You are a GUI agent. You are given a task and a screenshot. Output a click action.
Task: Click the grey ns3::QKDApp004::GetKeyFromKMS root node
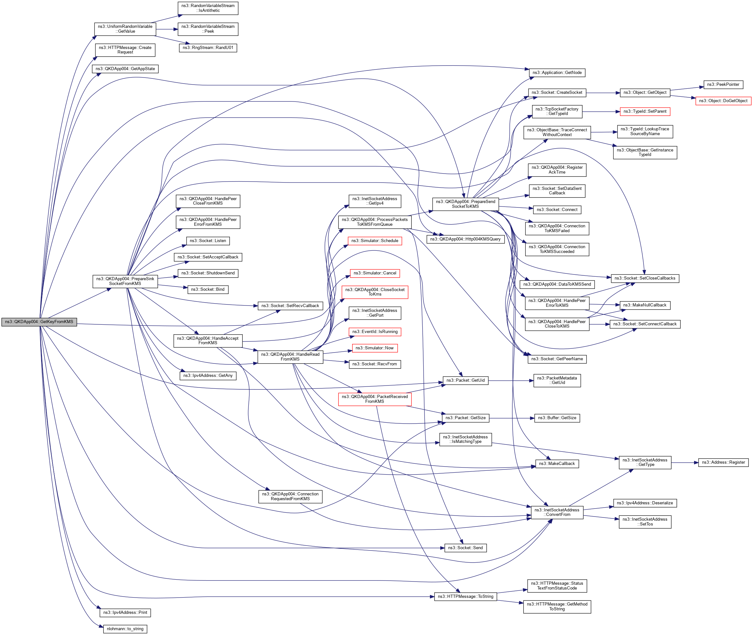point(39,322)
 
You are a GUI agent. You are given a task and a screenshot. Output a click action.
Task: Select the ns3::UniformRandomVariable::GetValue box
point(125,29)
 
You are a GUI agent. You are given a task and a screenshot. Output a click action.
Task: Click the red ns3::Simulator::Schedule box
point(374,241)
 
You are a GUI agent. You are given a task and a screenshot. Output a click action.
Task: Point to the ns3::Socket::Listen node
point(208,241)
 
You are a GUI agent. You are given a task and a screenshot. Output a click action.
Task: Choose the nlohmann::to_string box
point(125,629)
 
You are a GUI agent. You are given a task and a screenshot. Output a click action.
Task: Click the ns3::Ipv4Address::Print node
point(125,613)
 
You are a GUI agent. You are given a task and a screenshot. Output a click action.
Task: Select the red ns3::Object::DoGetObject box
point(723,101)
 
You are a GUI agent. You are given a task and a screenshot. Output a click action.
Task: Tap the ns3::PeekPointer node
point(723,85)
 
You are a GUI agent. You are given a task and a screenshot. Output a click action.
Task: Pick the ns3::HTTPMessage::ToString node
point(465,597)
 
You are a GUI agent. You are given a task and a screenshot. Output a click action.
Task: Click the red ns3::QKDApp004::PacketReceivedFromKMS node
point(374,399)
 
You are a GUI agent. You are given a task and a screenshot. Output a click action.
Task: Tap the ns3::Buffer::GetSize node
point(556,418)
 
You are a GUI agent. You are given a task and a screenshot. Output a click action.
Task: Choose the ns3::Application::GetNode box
point(556,73)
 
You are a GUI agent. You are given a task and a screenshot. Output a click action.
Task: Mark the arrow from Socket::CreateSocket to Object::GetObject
point(603,93)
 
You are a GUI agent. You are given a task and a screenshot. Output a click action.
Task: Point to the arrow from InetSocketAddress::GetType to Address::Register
point(684,463)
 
